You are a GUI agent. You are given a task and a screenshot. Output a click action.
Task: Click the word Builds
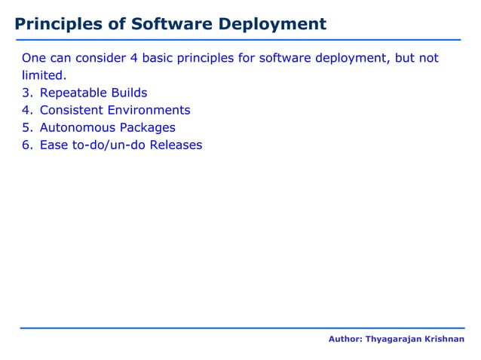coord(129,93)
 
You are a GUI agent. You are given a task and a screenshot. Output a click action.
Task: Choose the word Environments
coord(151,111)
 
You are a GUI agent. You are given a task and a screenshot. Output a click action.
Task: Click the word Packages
coord(148,128)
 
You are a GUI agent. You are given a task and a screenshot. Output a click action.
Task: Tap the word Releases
coord(176,145)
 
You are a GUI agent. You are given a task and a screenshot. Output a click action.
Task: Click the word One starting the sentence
coord(34,59)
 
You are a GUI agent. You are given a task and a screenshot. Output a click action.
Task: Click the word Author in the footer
coord(345,340)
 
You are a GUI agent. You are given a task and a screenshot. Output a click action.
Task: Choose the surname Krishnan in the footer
coord(443,340)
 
